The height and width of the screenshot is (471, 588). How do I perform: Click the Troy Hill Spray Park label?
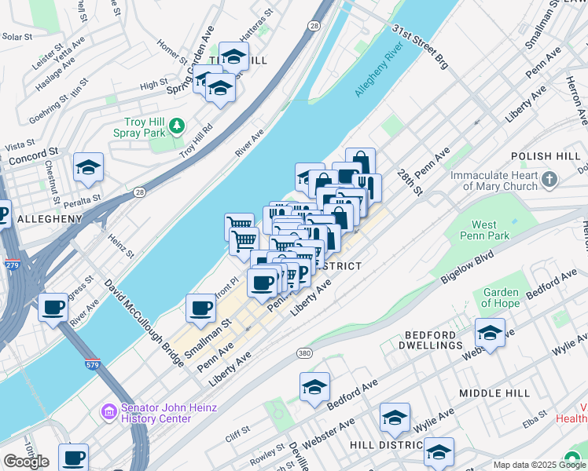click(x=145, y=127)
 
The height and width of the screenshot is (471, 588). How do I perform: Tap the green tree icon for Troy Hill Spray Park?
click(x=178, y=125)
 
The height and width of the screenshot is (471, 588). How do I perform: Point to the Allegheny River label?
click(x=378, y=75)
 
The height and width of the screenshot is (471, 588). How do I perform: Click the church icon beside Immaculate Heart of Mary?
click(x=549, y=181)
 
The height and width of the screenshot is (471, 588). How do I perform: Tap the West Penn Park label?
click(x=495, y=230)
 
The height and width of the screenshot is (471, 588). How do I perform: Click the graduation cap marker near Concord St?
click(x=89, y=166)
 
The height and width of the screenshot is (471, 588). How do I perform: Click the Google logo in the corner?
click(x=26, y=462)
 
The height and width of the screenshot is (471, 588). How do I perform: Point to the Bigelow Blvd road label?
click(x=466, y=267)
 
